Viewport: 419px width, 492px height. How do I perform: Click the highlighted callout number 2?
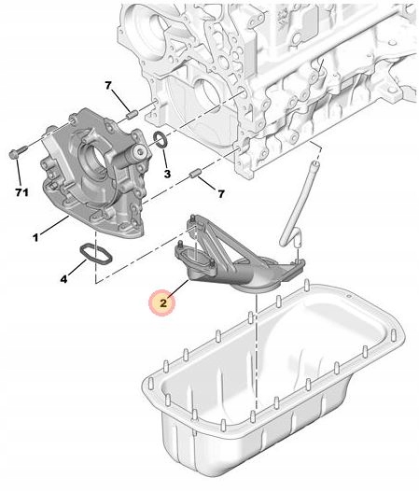coord(163,303)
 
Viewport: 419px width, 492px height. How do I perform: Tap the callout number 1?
coord(35,237)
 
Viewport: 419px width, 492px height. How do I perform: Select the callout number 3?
coord(167,174)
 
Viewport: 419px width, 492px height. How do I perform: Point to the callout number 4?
coord(64,278)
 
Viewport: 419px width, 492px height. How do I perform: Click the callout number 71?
coord(22,192)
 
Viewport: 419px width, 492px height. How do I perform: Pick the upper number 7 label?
coord(108,85)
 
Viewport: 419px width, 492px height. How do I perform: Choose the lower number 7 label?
coord(221,194)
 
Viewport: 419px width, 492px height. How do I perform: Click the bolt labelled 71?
coord(17,152)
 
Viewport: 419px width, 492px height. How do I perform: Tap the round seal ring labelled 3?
coord(161,140)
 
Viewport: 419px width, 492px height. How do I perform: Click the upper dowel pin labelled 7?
coord(132,115)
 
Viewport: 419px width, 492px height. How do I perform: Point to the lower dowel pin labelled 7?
coord(195,174)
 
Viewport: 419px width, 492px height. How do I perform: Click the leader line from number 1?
coord(54,225)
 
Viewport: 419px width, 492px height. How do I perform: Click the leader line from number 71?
coord(19,171)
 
